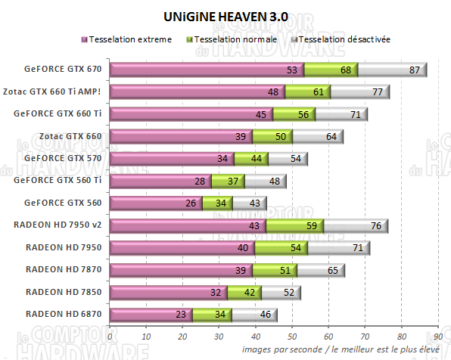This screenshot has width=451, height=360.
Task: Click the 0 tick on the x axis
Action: pyautogui.click(x=110, y=337)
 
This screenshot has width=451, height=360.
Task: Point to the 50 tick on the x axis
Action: pyautogui.click(x=292, y=337)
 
